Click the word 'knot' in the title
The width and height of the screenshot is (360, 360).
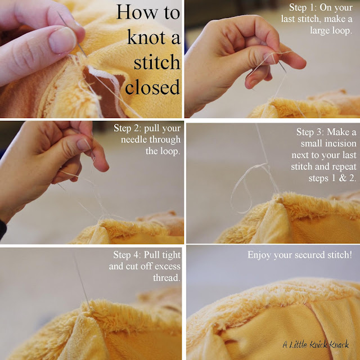pyautogui.click(x=146, y=37)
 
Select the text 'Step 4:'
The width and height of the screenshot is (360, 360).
pyautogui.click(x=127, y=255)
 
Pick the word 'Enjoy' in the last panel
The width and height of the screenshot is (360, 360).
pyautogui.click(x=259, y=255)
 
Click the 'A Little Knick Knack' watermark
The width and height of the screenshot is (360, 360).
pyautogui.click(x=316, y=344)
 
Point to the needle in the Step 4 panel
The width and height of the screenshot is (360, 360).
pyautogui.click(x=82, y=280)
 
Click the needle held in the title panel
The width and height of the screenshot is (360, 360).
pyautogui.click(x=72, y=34)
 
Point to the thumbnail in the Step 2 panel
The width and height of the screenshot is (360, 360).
pyautogui.click(x=83, y=144)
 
